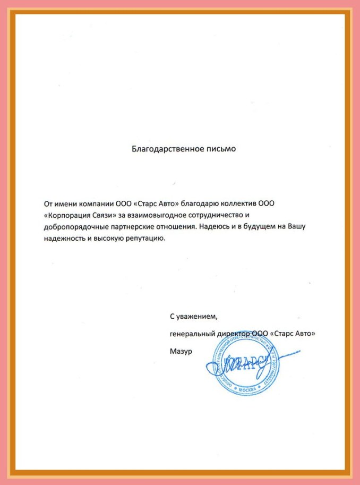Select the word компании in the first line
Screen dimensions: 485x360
click(95, 203)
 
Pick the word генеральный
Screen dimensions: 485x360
click(192, 334)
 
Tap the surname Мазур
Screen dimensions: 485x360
click(180, 351)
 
